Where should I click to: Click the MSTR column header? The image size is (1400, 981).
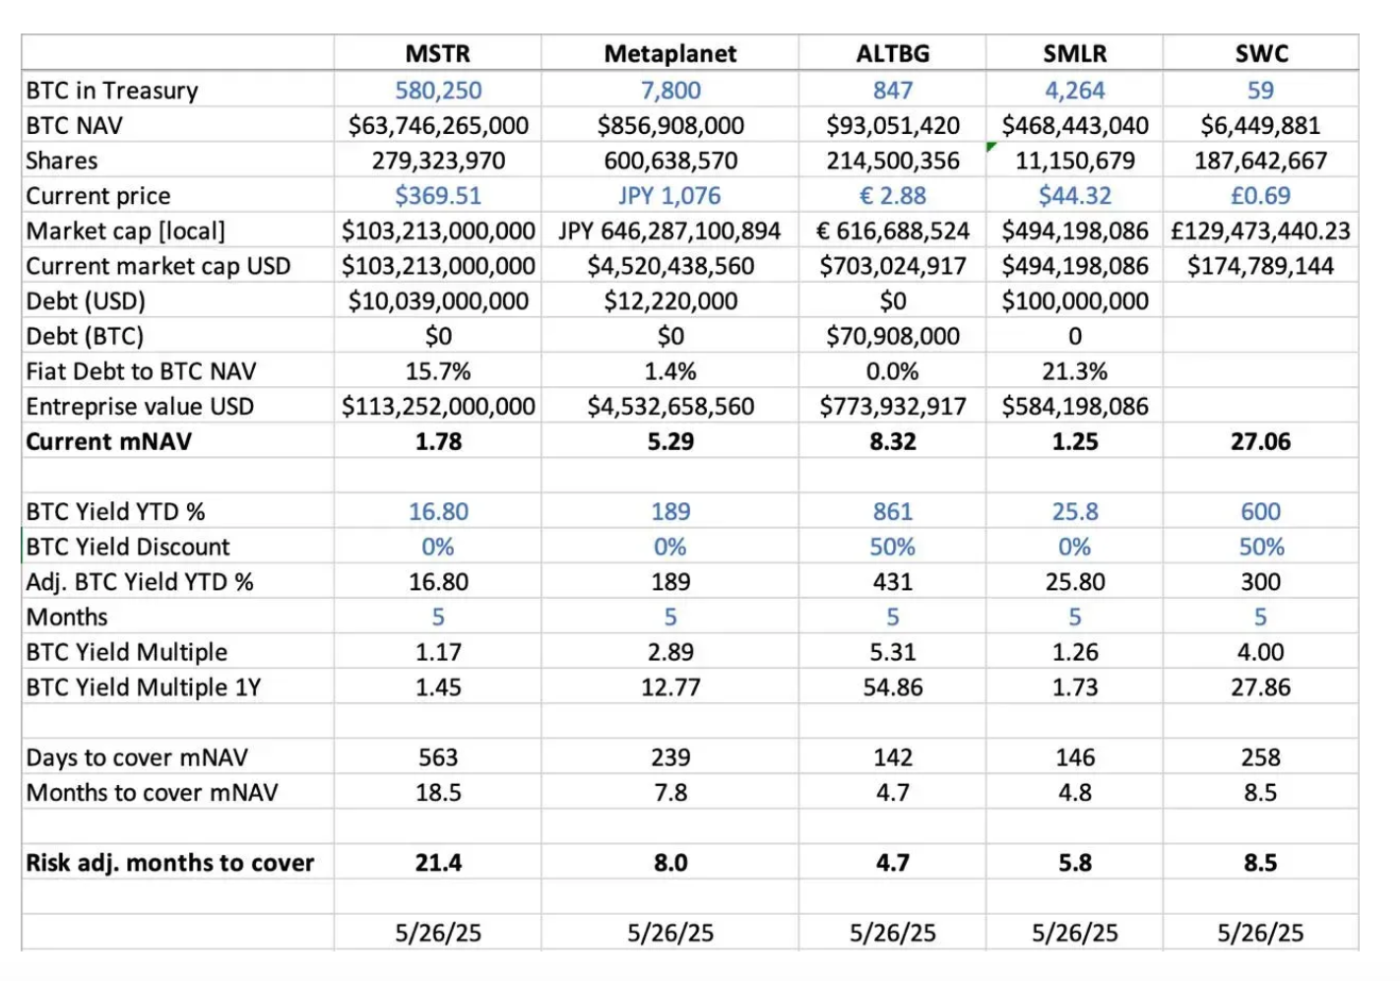click(x=438, y=53)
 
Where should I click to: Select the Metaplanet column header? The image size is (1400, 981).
click(x=669, y=53)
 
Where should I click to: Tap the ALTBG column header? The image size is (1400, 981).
click(x=892, y=53)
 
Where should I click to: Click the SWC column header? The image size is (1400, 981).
click(x=1260, y=53)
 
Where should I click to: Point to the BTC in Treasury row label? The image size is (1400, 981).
click(x=112, y=91)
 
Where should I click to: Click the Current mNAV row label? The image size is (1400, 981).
click(x=109, y=441)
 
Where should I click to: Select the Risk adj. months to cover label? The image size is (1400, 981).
click(x=170, y=863)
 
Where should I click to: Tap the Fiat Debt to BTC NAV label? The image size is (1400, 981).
click(x=141, y=371)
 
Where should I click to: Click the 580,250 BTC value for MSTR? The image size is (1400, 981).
click(x=438, y=91)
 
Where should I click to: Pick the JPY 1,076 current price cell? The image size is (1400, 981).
click(x=669, y=196)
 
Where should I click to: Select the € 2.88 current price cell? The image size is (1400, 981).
click(x=892, y=196)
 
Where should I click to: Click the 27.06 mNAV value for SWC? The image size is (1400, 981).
click(x=1260, y=441)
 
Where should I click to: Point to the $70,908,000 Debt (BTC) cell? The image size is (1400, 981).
click(x=892, y=336)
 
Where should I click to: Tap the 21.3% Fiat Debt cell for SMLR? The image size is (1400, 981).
click(x=1074, y=371)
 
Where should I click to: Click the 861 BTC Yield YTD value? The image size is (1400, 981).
click(x=892, y=512)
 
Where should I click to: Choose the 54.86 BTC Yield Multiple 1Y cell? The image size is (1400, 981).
click(x=892, y=687)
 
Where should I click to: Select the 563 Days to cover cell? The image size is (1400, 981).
click(x=438, y=757)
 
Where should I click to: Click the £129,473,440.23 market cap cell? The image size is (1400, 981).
click(x=1260, y=231)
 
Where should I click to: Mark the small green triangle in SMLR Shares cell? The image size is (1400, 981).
click(x=991, y=147)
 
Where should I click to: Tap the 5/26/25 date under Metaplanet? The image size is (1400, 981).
click(x=669, y=933)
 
